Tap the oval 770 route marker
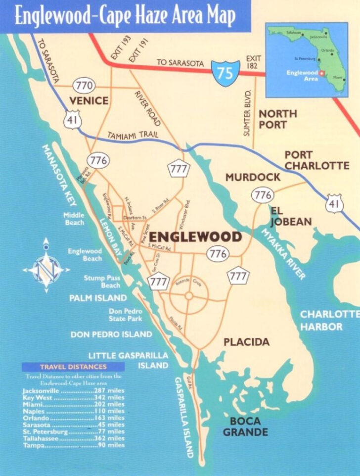84,86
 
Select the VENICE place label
89,101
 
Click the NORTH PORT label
278,119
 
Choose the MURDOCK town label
253,177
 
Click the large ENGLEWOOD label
195,237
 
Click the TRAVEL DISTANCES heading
73,367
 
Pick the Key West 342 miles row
73,397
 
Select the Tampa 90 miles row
73,445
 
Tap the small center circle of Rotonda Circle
188,296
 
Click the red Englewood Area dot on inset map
321,73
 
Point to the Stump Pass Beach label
102,282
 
